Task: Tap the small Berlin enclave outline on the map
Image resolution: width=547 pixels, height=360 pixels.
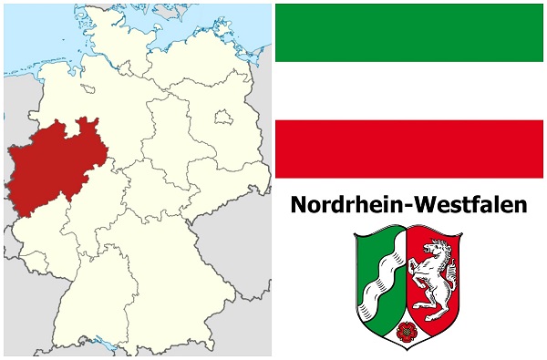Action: [x=221, y=116]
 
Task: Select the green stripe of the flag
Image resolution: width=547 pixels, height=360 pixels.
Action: [x=410, y=31]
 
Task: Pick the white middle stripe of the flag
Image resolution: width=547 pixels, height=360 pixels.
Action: [x=410, y=90]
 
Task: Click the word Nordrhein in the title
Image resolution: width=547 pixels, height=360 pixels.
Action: [x=342, y=205]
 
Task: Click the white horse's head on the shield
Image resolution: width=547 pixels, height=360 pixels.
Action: [x=444, y=248]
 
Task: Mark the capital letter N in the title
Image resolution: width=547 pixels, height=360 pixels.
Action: [x=300, y=205]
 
